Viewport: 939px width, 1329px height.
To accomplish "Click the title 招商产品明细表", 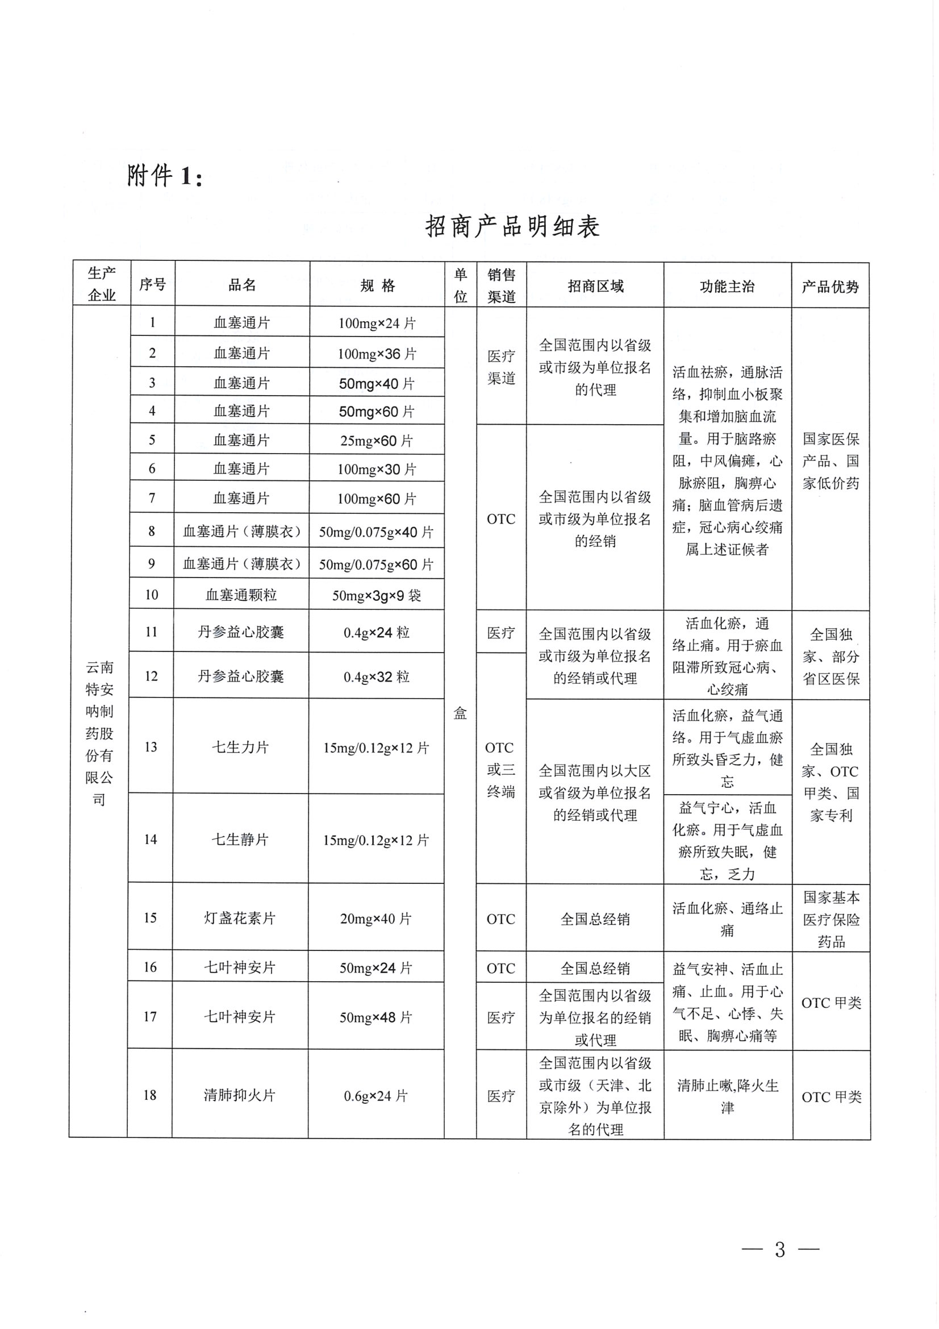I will pyautogui.click(x=512, y=226).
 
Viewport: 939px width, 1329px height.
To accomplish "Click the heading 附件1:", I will pyautogui.click(x=165, y=176).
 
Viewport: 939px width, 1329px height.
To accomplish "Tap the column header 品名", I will pyautogui.click(x=242, y=285).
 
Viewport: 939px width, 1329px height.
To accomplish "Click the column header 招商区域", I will pyautogui.click(x=595, y=286).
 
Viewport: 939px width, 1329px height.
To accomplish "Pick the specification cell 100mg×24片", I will pyautogui.click(x=377, y=323).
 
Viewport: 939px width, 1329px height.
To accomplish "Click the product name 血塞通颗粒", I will pyautogui.click(x=241, y=595).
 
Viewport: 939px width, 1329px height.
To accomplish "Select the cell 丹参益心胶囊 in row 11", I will pyautogui.click(x=241, y=632).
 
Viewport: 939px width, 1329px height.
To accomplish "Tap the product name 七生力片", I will pyautogui.click(x=241, y=747).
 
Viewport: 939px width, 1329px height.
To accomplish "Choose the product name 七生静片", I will pyautogui.click(x=240, y=840).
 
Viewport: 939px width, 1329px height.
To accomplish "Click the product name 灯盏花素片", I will pyautogui.click(x=240, y=918).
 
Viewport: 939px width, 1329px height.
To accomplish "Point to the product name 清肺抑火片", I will pyautogui.click(x=240, y=1095).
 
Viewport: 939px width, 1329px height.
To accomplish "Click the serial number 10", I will pyautogui.click(x=152, y=595).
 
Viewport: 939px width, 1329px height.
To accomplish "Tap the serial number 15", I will pyautogui.click(x=151, y=917).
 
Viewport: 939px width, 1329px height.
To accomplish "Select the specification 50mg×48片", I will pyautogui.click(x=376, y=1017).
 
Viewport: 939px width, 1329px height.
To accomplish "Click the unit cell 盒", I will pyautogui.click(x=460, y=713).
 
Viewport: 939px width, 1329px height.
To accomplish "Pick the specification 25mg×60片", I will pyautogui.click(x=377, y=441).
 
